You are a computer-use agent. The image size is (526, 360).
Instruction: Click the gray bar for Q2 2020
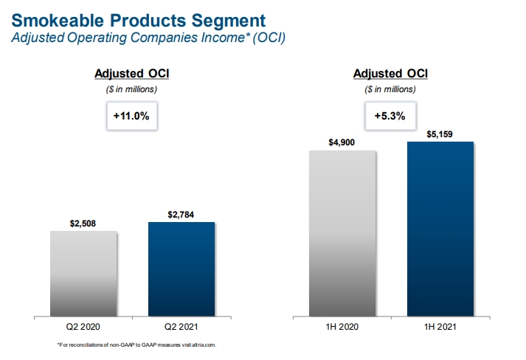point(83,273)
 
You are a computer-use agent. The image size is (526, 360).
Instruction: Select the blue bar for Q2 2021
point(181,269)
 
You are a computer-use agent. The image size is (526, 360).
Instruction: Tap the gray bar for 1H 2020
point(342,233)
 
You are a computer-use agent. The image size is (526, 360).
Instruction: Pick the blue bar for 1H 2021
point(440,228)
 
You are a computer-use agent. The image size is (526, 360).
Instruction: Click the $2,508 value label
point(83,223)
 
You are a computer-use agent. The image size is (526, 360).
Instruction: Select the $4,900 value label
point(342,143)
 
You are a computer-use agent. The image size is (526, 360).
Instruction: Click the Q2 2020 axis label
point(83,325)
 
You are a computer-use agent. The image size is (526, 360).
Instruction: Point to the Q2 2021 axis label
point(181,325)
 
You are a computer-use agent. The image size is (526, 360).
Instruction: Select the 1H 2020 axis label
point(342,325)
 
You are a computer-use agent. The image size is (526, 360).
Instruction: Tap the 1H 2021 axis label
point(440,325)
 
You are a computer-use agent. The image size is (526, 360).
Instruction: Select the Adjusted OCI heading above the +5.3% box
point(391,74)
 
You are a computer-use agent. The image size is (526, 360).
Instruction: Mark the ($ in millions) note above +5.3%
point(391,89)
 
